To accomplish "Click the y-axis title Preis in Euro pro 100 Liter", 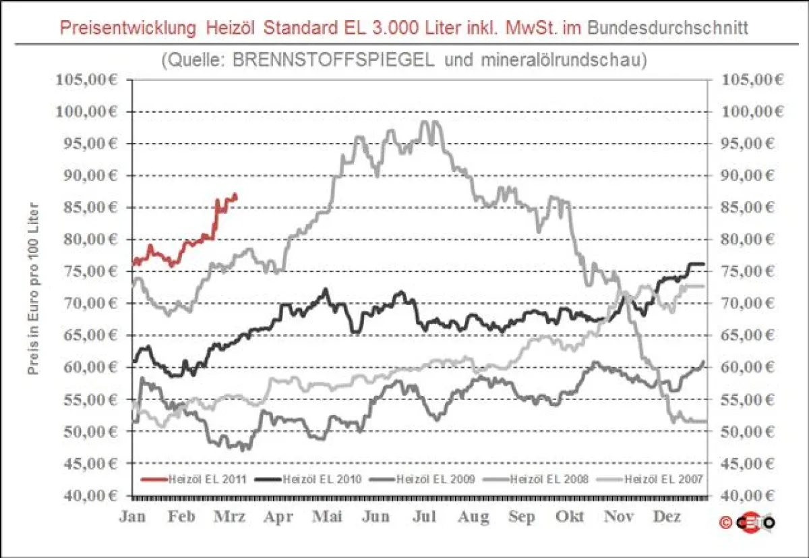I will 32,288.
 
